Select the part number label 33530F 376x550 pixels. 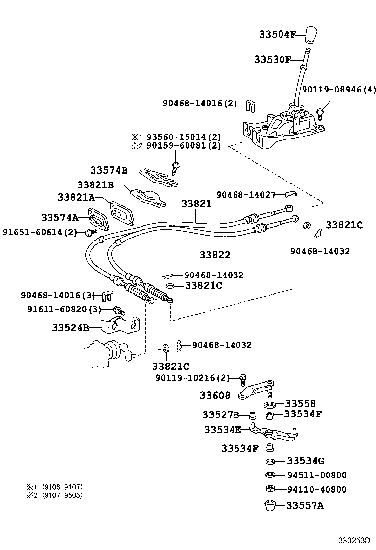[x=273, y=59]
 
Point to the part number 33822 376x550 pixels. [x=215, y=255]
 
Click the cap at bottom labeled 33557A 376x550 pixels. [x=270, y=506]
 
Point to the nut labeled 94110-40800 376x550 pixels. [x=270, y=489]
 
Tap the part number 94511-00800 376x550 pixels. [x=317, y=475]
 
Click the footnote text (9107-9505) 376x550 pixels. [x=62, y=495]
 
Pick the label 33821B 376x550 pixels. [x=95, y=184]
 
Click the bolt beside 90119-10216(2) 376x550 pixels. [x=242, y=379]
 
